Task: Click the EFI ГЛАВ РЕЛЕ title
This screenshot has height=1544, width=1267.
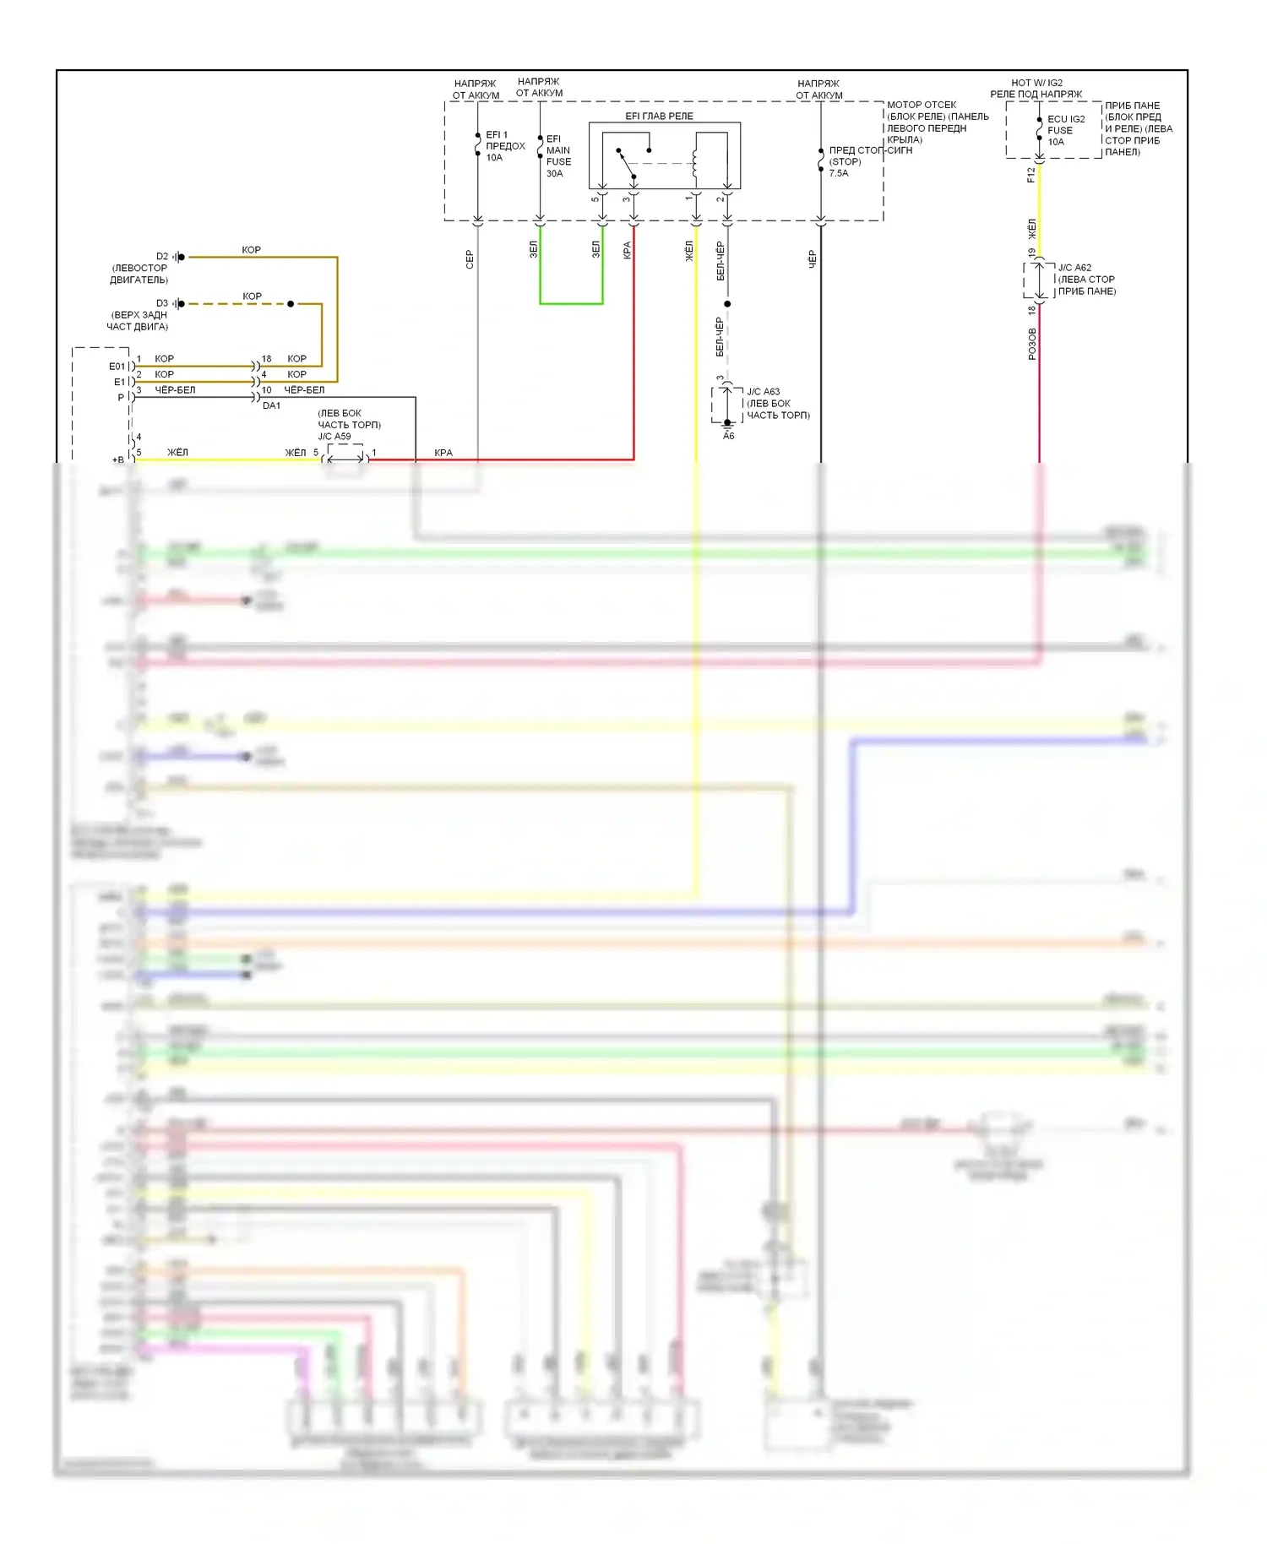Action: point(659,116)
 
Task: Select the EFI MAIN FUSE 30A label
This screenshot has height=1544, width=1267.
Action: point(557,156)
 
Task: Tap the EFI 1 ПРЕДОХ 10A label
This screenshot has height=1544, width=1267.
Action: point(504,146)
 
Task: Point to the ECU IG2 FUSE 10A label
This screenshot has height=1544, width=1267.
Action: point(1065,130)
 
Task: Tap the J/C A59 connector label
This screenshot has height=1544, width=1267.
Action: point(334,437)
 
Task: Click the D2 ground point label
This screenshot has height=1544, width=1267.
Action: point(162,257)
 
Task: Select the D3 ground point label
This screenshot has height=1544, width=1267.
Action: point(162,303)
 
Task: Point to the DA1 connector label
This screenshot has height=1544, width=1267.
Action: point(271,405)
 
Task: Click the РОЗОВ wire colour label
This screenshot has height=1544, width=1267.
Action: point(1031,344)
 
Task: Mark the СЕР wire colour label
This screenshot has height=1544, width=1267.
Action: point(470,259)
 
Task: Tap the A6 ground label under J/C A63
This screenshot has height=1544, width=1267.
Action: point(728,436)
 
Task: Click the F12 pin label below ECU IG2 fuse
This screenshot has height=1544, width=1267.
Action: point(1030,175)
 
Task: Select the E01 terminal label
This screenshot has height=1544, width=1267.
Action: point(117,367)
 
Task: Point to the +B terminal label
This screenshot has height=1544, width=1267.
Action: point(117,459)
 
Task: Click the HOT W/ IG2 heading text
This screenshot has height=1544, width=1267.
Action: point(1036,83)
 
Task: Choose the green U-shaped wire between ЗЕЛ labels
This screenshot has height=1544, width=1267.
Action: point(571,302)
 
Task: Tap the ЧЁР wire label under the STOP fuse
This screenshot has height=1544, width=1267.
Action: point(812,258)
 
